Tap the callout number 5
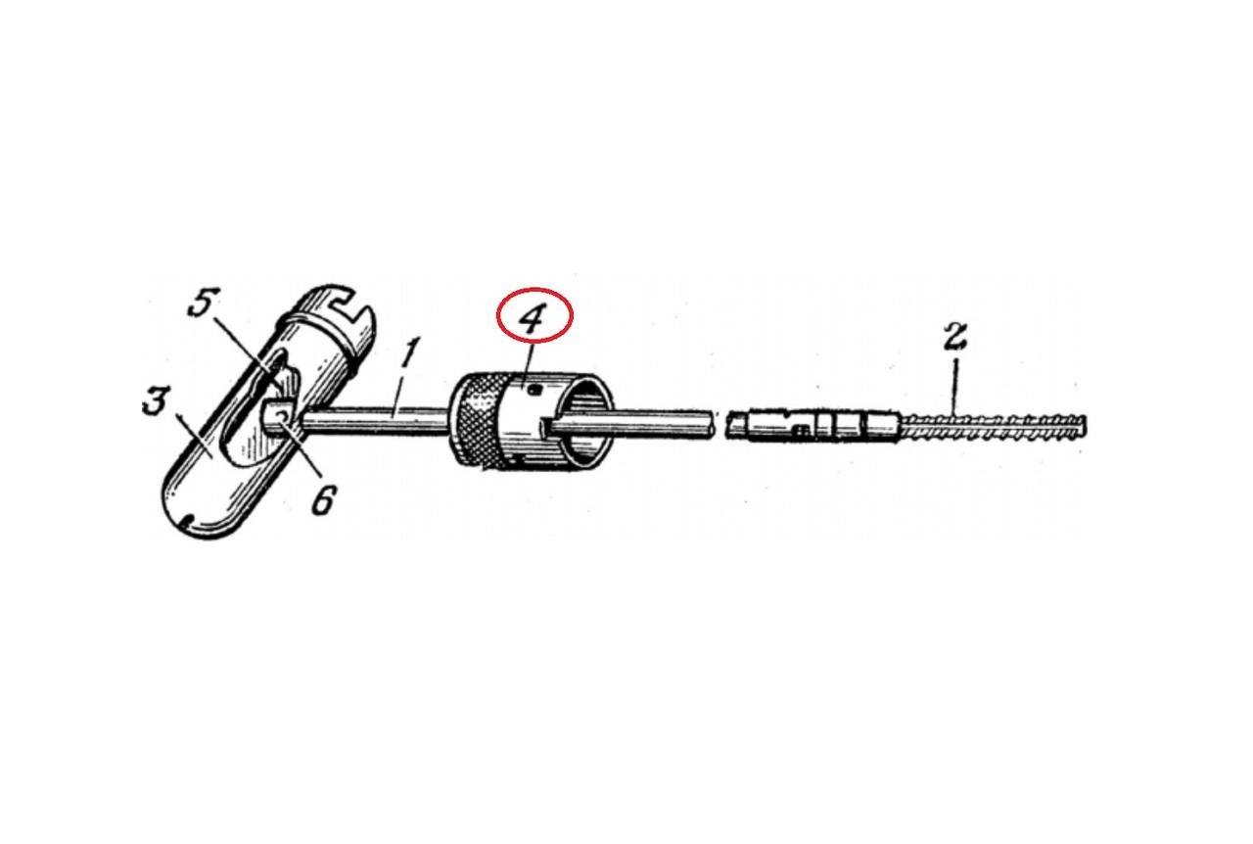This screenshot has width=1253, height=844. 204,304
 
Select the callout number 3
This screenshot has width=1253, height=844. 155,402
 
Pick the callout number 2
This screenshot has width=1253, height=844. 955,334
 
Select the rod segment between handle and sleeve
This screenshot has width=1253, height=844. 376,420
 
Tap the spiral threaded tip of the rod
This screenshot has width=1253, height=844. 993,429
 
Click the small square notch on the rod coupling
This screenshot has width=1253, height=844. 801,430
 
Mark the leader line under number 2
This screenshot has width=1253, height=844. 954,387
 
